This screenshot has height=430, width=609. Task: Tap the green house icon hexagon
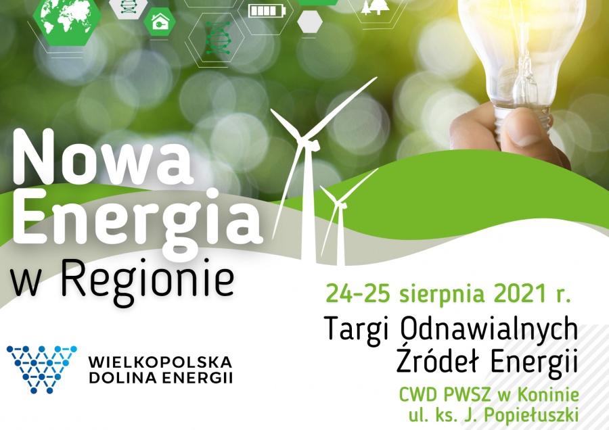[x=159, y=22]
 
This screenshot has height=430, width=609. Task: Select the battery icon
[x=267, y=10]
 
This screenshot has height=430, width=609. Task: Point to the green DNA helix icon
[x=218, y=38]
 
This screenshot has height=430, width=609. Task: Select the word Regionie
[x=148, y=280]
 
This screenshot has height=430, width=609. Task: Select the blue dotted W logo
[x=41, y=368]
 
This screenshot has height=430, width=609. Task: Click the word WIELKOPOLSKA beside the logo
[x=160, y=362]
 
